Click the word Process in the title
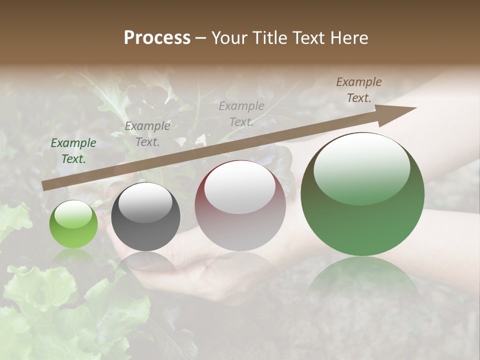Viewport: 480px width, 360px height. click(x=157, y=38)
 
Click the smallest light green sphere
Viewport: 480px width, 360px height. click(x=73, y=224)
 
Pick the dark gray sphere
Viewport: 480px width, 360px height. click(x=145, y=216)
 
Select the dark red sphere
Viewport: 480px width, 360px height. click(x=240, y=206)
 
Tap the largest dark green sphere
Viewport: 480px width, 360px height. click(x=362, y=194)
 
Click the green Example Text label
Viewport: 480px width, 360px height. click(x=73, y=151)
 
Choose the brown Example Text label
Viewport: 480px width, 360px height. click(x=359, y=90)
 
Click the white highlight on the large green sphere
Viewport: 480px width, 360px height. click(x=362, y=167)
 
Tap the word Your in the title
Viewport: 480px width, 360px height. click(x=229, y=38)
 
